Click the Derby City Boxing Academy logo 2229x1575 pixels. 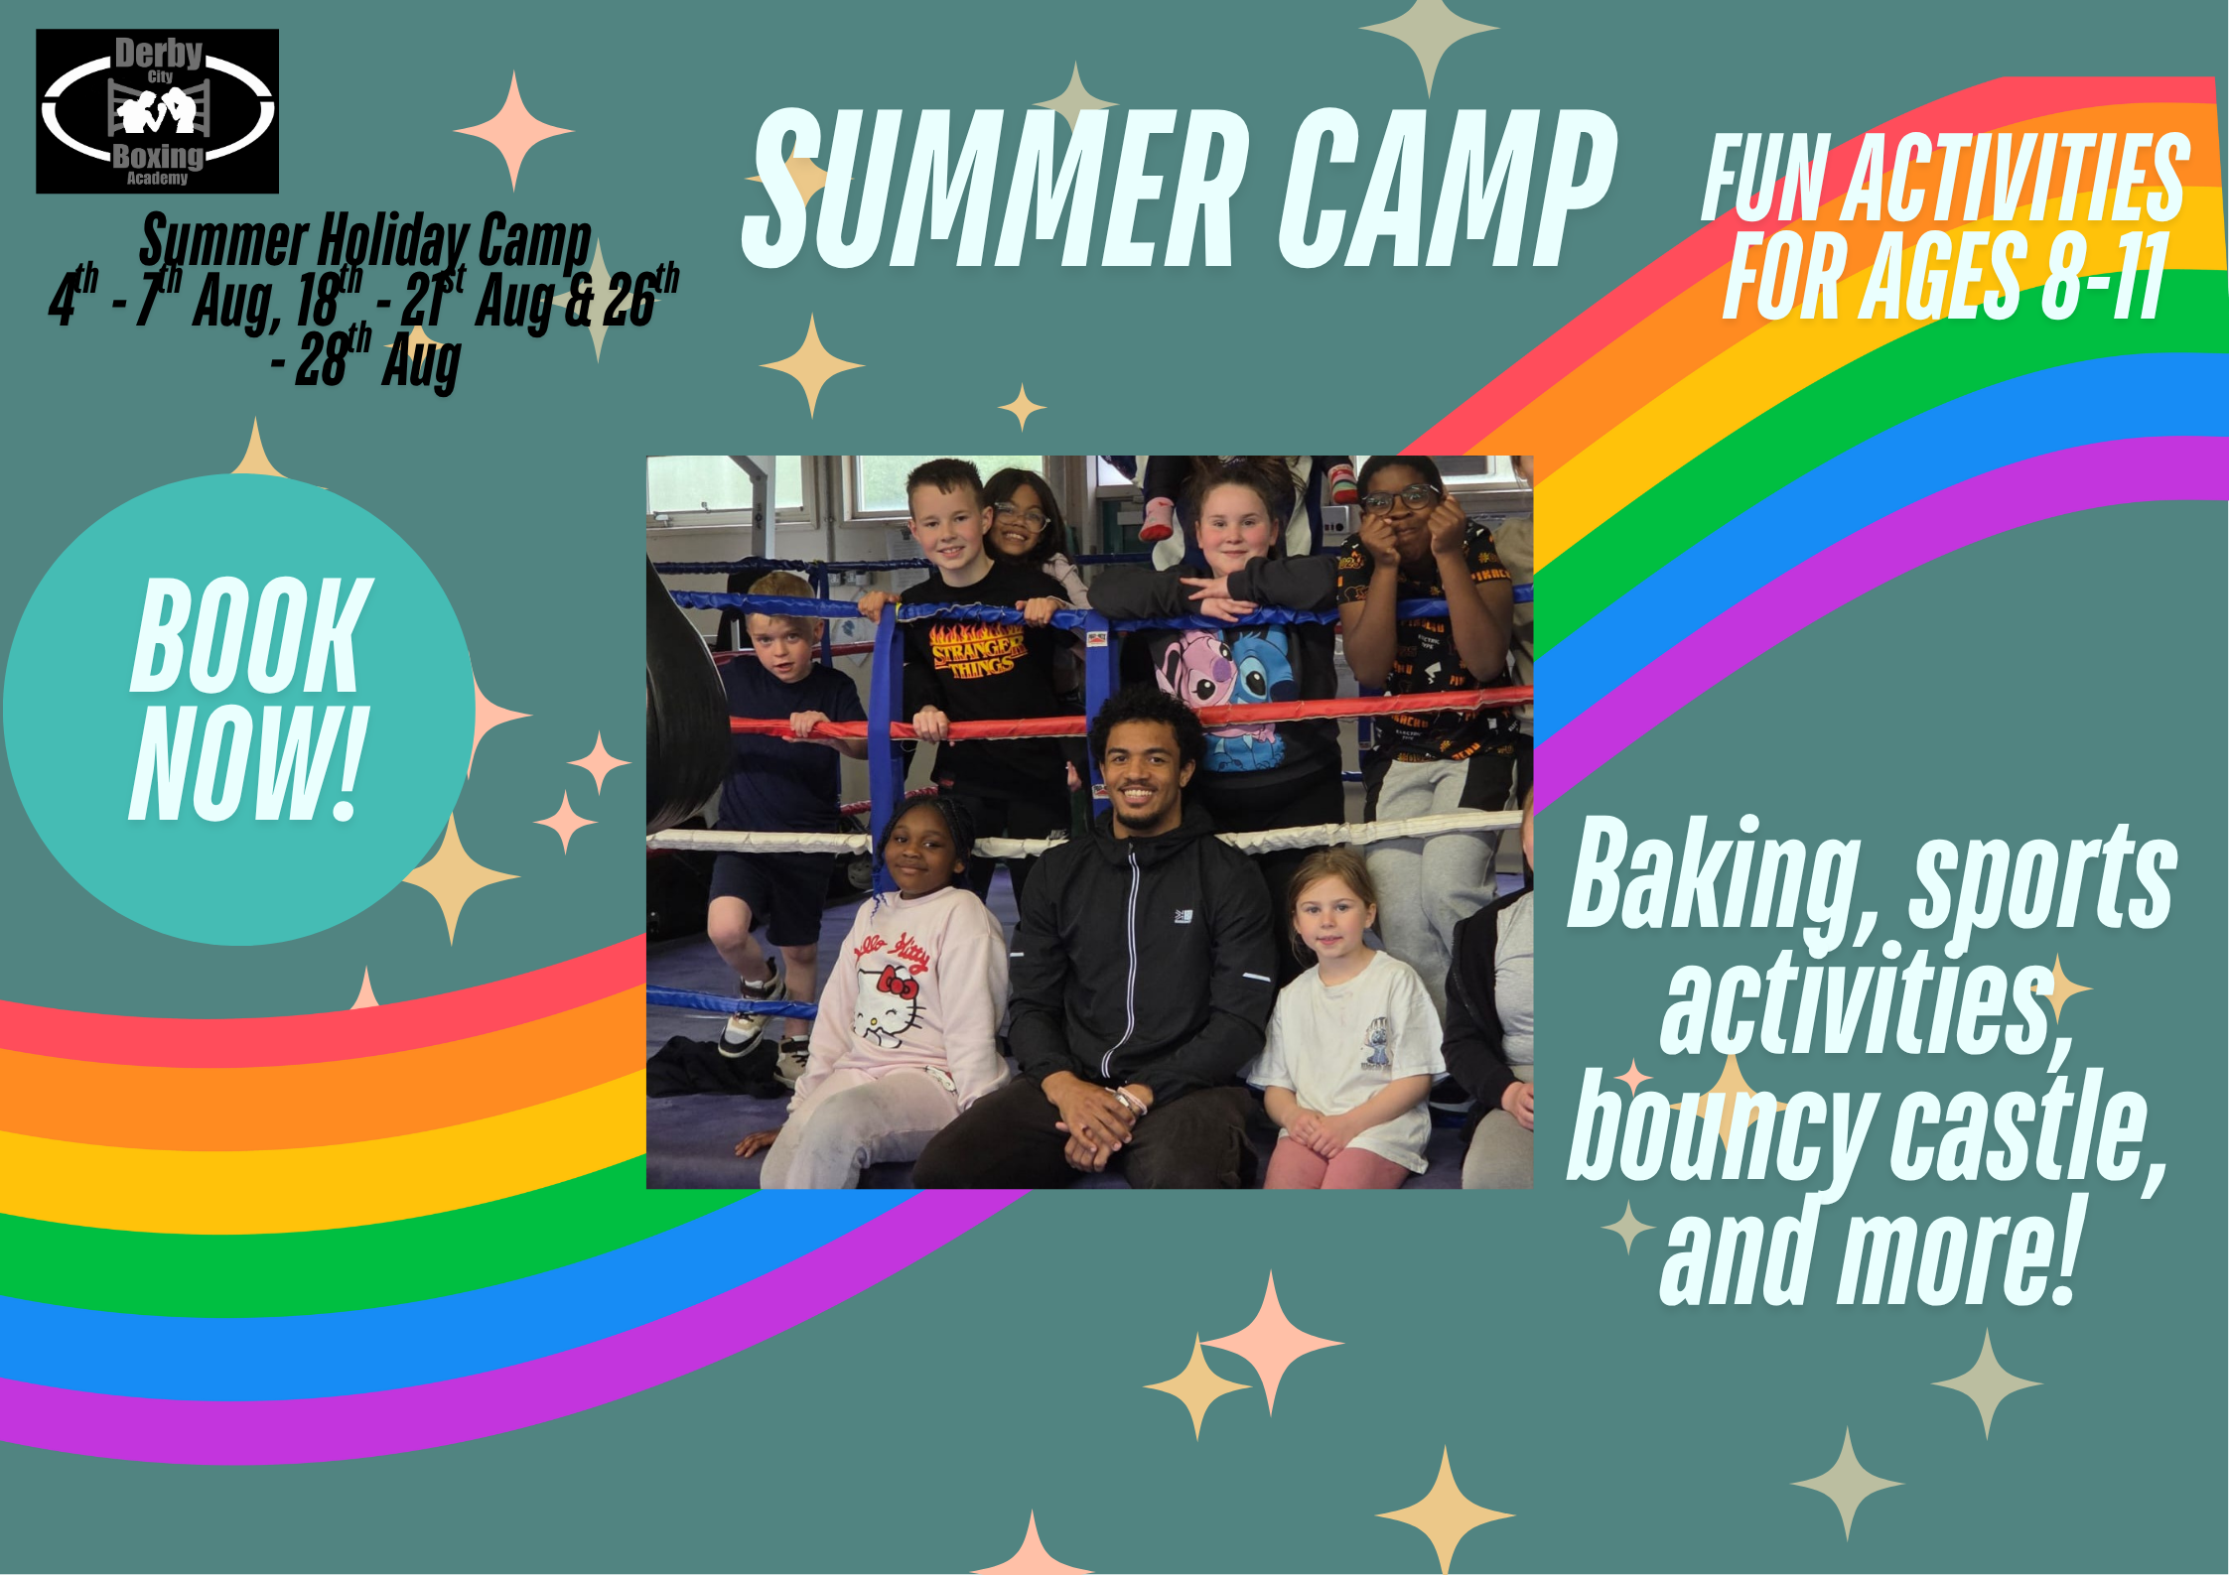pyautogui.click(x=157, y=111)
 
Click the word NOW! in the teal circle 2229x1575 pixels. pyautogui.click(x=248, y=764)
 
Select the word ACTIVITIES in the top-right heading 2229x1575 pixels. pyautogui.click(x=2016, y=179)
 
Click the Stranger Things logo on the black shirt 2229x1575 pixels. pyautogui.click(x=976, y=650)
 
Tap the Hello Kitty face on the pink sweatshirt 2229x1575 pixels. pyautogui.click(x=889, y=1002)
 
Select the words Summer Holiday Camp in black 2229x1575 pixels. pyautogui.click(x=365, y=241)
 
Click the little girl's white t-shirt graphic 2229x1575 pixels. pyautogui.click(x=1375, y=1042)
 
